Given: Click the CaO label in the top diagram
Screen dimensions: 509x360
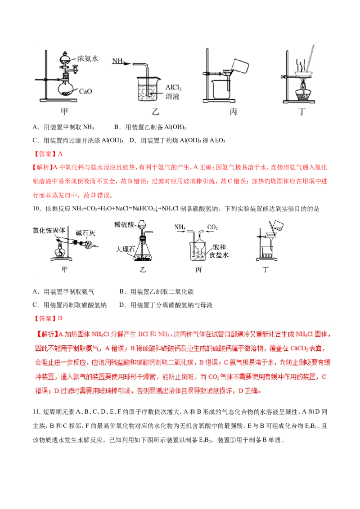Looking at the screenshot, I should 86,91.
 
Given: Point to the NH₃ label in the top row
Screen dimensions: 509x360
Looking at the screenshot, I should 118,60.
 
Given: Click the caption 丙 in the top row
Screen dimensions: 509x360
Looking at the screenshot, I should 233,112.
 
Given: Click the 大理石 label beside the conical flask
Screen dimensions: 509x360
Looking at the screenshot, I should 121,249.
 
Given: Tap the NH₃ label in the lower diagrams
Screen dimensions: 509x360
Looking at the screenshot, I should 180,228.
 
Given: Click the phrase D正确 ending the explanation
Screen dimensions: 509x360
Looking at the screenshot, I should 250,391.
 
